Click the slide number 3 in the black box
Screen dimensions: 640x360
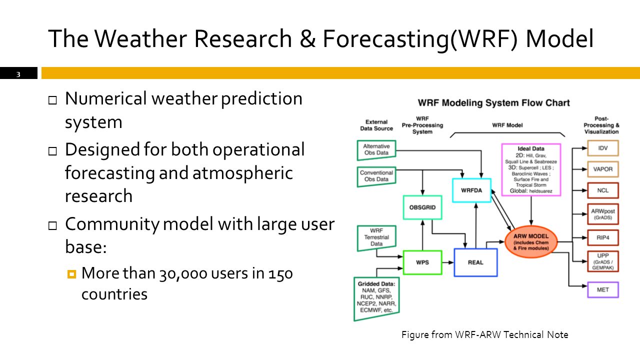[18, 74]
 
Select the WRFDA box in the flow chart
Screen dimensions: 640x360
[471, 190]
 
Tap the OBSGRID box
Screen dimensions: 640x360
[422, 207]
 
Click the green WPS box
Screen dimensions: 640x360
[422, 262]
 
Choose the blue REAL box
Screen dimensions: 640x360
[475, 262]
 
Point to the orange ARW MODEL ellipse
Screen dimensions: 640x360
[531, 242]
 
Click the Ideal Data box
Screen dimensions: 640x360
[531, 169]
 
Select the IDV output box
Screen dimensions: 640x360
[603, 148]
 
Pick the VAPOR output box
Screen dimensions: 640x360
[603, 169]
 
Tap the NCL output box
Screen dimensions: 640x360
[603, 190]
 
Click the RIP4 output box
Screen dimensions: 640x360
[603, 237]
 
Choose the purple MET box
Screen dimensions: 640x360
[603, 289]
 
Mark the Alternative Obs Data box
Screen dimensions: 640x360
[376, 149]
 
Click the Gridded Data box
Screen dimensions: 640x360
[376, 298]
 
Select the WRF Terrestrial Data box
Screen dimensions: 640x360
[376, 237]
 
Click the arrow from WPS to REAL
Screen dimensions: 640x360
[448, 262]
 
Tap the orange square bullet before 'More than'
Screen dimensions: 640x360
[71, 274]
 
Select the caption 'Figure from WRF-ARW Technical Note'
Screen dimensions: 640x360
[485, 334]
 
